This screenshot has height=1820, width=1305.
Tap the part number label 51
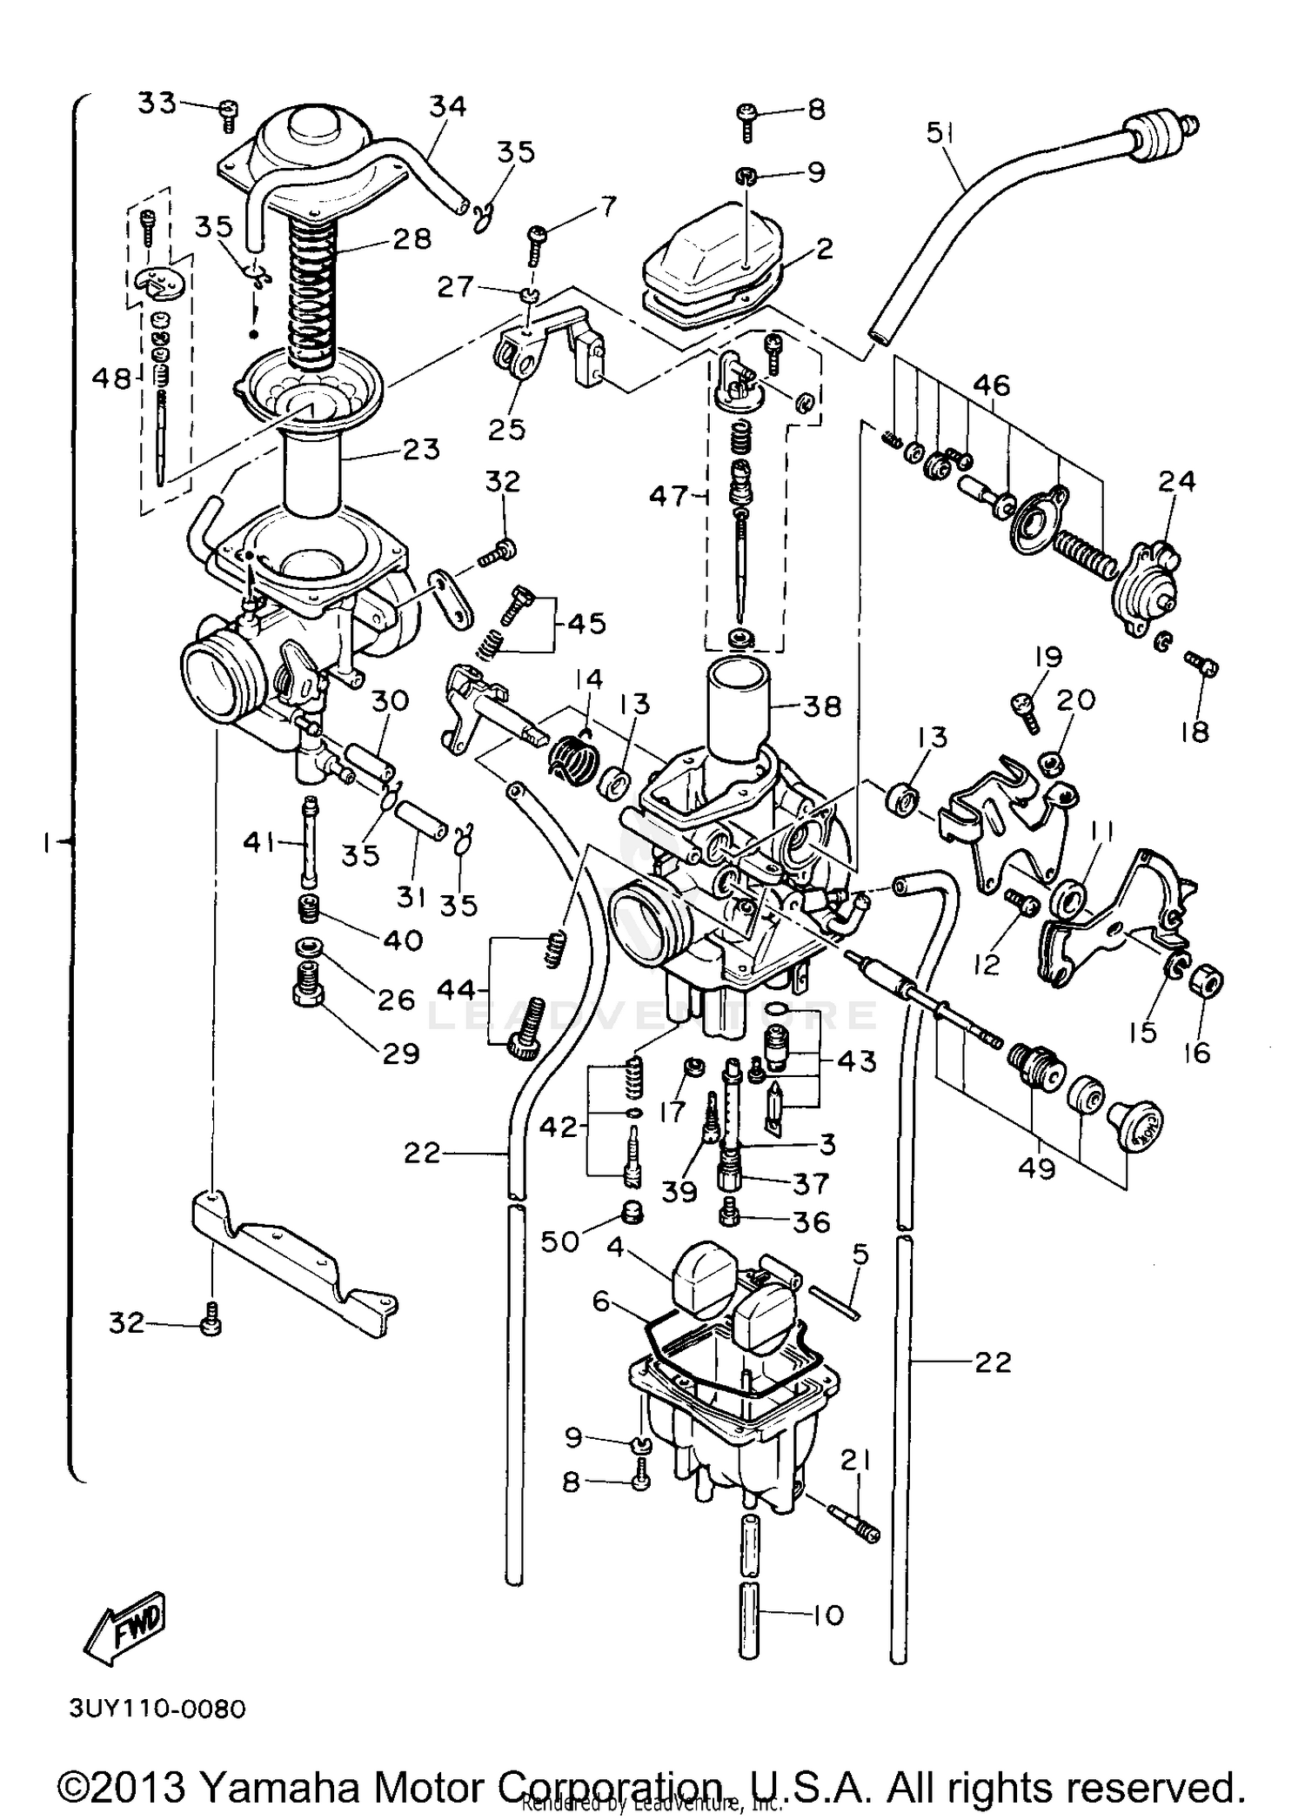[x=940, y=133]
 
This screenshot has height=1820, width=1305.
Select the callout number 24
[x=1176, y=481]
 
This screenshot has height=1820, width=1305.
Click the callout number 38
[x=822, y=706]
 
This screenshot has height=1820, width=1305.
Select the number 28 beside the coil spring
[x=411, y=238]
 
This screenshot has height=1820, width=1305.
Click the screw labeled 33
[x=228, y=113]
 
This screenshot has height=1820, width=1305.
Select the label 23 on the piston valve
[x=421, y=450]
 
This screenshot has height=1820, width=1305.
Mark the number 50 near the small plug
[x=559, y=1241]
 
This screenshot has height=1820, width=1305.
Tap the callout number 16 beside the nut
[x=1197, y=1053]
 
